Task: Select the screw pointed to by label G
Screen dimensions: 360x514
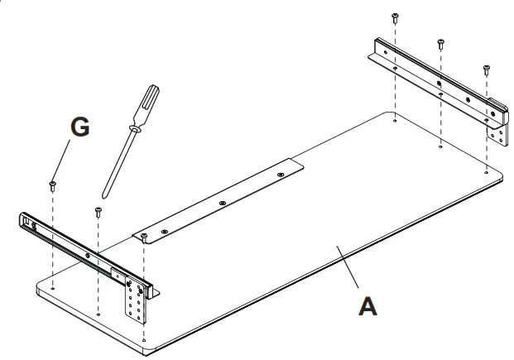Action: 53,183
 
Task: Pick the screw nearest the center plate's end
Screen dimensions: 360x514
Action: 144,237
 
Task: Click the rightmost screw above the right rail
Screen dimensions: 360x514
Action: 486,69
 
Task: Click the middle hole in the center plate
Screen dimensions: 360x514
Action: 222,201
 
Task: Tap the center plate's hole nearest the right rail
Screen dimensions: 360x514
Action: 280,175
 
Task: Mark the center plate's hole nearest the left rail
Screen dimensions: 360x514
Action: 164,228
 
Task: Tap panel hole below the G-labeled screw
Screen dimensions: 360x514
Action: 53,288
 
